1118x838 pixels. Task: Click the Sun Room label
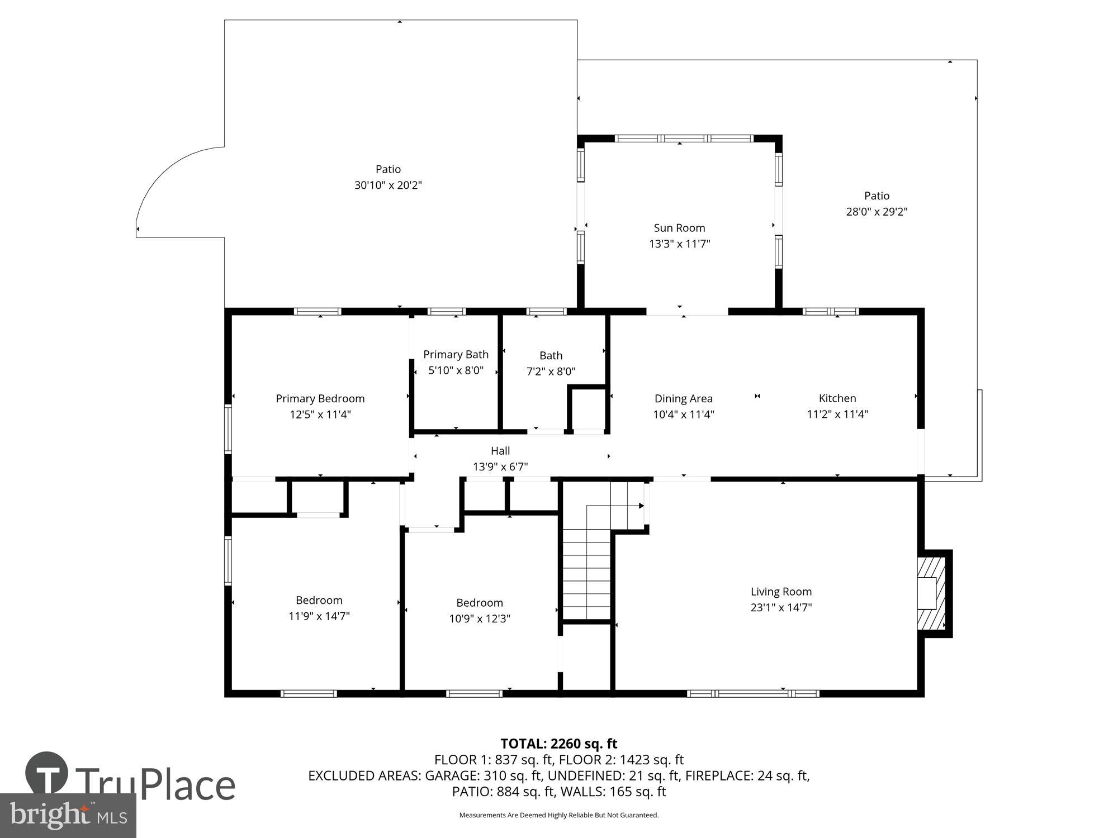[679, 228]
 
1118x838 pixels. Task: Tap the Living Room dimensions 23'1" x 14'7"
[781, 607]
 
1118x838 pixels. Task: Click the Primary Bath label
[456, 355]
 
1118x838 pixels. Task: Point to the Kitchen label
[837, 398]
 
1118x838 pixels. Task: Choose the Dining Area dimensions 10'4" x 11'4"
[683, 415]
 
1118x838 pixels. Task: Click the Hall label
[500, 451]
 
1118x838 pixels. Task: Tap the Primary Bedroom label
[320, 398]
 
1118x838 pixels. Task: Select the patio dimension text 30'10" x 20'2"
[388, 185]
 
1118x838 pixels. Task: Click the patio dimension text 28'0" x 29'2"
[877, 212]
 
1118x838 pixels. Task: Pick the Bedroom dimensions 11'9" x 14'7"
[319, 616]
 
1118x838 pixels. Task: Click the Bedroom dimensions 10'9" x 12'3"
[480, 618]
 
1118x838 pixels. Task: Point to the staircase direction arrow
[641, 506]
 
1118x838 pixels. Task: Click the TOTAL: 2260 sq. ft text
[558, 744]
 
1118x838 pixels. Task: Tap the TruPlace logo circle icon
[47, 774]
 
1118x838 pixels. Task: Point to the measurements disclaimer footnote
[558, 815]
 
